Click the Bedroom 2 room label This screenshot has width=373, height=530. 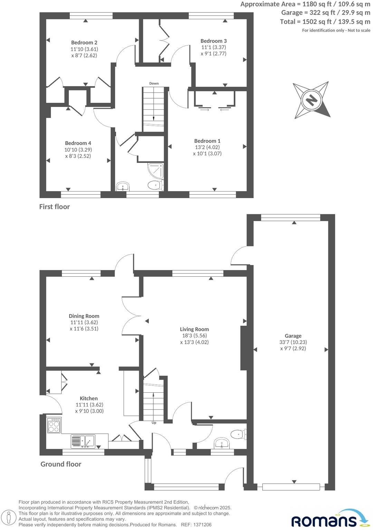click(x=84, y=42)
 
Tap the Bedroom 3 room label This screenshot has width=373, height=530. click(x=213, y=41)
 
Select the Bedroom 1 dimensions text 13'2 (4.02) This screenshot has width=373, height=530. click(x=207, y=147)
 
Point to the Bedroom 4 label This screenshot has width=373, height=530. click(x=78, y=143)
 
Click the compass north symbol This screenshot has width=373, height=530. click(x=312, y=100)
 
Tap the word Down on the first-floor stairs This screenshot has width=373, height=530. click(x=154, y=84)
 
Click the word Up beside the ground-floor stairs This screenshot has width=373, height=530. click(x=154, y=422)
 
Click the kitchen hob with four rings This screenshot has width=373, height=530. click(x=54, y=425)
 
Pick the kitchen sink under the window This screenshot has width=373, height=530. click(x=83, y=441)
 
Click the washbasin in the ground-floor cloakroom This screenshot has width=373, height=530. click(x=221, y=443)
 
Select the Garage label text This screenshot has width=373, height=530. click(x=293, y=336)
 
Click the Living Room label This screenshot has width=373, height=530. click(x=194, y=329)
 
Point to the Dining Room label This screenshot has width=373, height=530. click(x=84, y=316)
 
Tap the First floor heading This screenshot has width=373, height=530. click(x=54, y=207)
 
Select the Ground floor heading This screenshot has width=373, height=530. click(x=61, y=464)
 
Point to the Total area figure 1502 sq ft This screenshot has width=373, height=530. click(x=313, y=22)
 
